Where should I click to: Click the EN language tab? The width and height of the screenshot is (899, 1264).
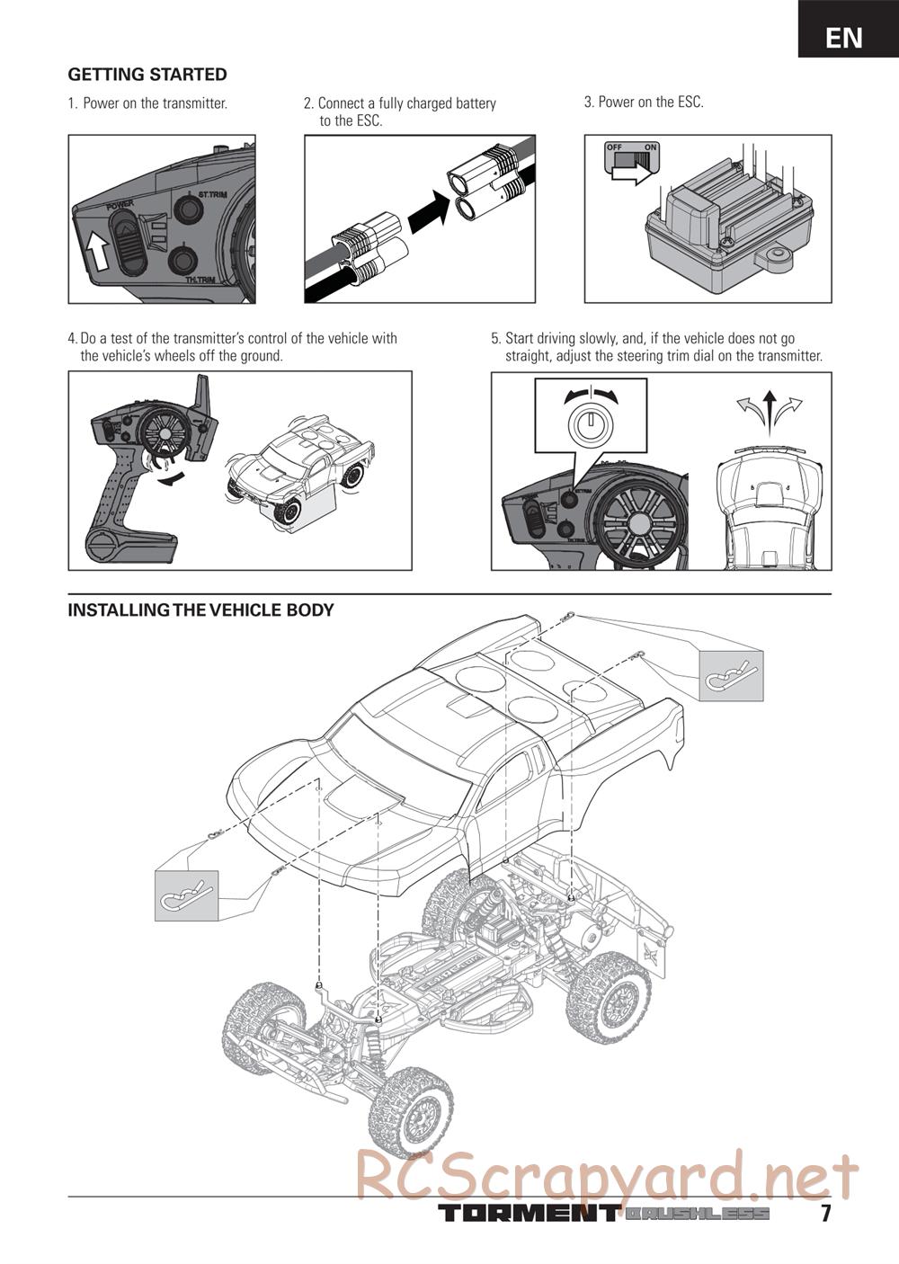coord(844,37)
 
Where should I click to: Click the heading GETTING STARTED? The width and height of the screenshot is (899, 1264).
coord(147,75)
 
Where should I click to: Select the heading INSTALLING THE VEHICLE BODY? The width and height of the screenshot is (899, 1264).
coord(200,610)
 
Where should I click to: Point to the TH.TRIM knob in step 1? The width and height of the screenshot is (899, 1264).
coord(184,261)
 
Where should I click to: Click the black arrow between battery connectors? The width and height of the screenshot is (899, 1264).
coord(429,212)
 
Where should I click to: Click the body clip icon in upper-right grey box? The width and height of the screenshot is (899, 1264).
coord(732,675)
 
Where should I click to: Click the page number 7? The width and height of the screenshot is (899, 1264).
coord(825,1213)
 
